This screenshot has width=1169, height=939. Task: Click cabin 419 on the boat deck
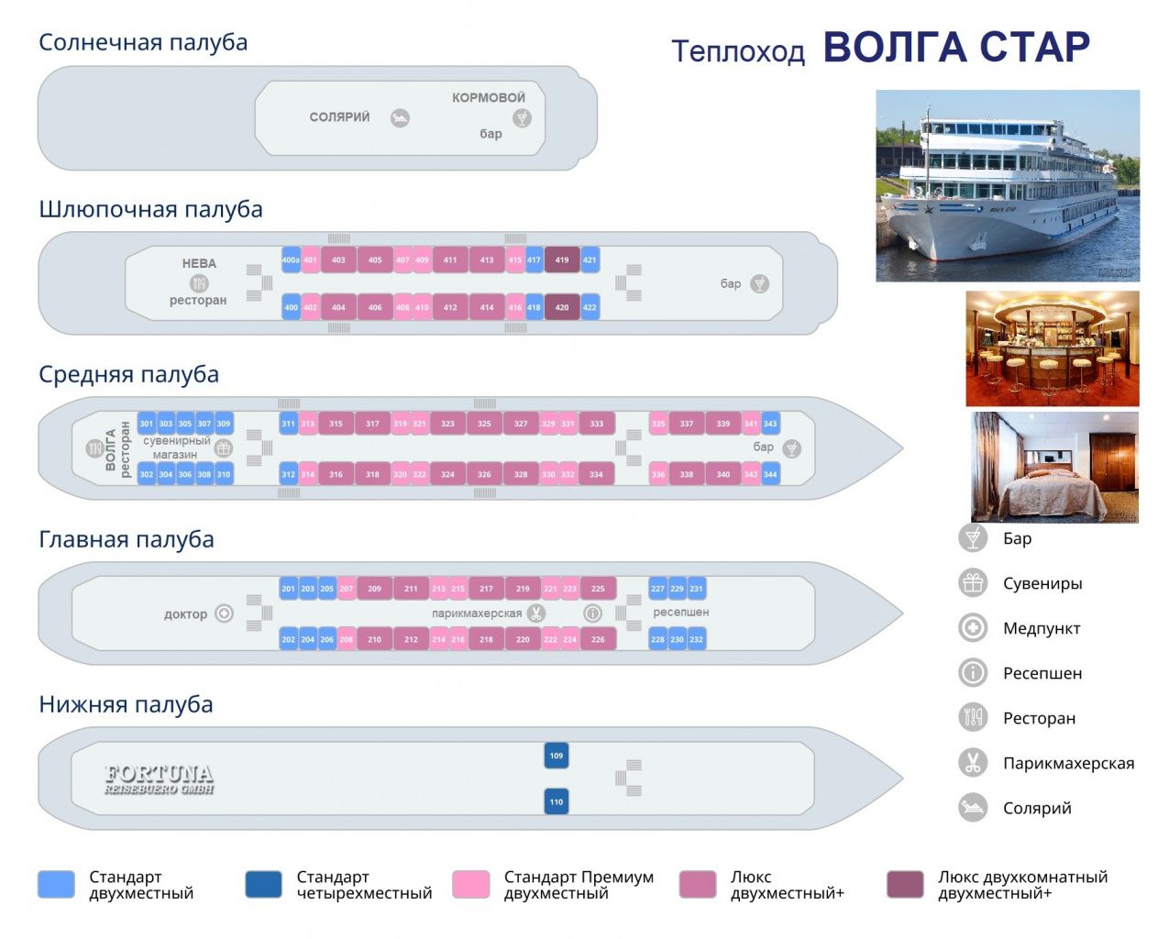(x=561, y=260)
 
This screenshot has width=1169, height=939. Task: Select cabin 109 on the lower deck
(x=556, y=756)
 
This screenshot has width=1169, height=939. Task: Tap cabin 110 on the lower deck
(x=556, y=801)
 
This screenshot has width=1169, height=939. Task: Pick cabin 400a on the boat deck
(x=291, y=260)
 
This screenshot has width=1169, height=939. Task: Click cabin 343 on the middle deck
(x=770, y=424)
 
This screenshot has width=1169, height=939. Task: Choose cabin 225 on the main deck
(x=598, y=589)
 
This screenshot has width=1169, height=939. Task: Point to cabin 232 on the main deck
(x=697, y=639)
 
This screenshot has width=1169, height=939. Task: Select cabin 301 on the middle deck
(x=147, y=424)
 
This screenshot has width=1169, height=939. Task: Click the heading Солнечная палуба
(x=143, y=42)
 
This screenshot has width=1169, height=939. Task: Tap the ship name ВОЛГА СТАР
(x=956, y=48)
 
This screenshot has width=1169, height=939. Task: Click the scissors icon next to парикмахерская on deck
(x=535, y=613)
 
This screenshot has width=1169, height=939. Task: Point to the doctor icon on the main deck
(x=224, y=613)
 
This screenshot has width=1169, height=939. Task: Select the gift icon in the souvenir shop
(x=223, y=448)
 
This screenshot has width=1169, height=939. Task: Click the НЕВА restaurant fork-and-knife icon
(x=199, y=282)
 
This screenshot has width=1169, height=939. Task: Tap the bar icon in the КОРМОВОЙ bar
(x=522, y=117)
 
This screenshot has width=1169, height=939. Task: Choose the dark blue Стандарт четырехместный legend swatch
(x=264, y=884)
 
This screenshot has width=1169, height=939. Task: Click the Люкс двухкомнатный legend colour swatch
(x=905, y=884)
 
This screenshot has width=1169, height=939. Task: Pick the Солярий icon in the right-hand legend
(x=972, y=808)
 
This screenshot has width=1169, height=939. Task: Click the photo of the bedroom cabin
(x=1054, y=467)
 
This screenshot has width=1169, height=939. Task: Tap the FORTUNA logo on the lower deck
(x=159, y=779)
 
